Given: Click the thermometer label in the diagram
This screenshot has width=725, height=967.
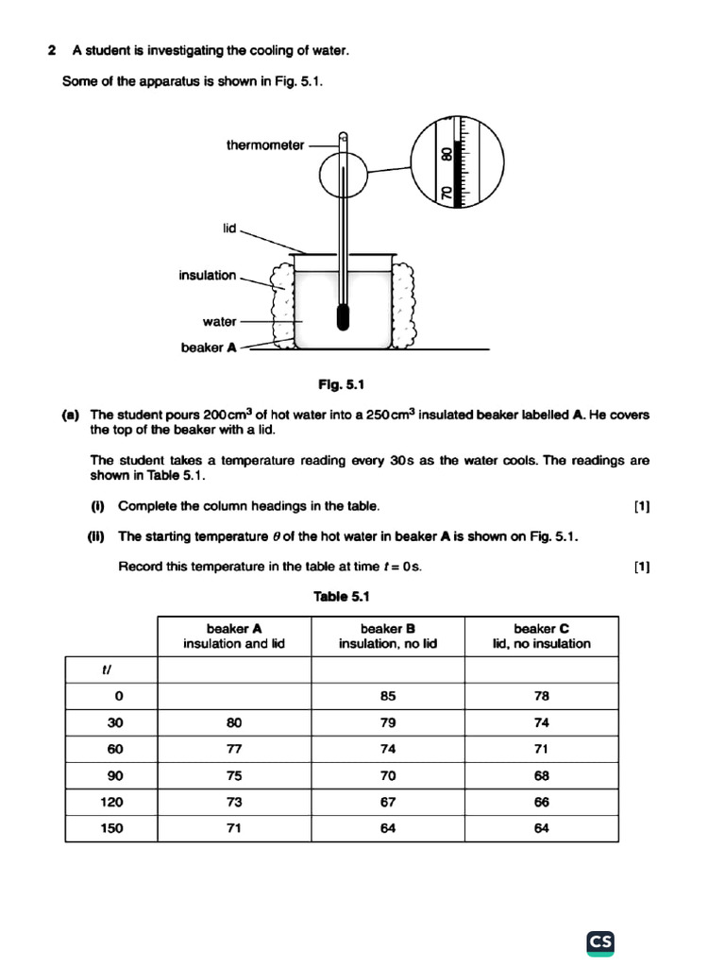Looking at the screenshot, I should tap(265, 145).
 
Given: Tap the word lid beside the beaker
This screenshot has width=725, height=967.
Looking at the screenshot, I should tap(229, 229).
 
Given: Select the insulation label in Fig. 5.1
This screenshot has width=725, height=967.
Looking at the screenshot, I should tap(208, 275).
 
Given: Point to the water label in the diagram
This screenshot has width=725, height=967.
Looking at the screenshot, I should tap(219, 321).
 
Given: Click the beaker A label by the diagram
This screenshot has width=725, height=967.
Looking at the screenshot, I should tap(209, 348).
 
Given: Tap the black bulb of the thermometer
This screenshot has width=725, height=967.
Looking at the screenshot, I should tap(341, 318).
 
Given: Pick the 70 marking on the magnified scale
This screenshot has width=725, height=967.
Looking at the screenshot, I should tap(447, 194).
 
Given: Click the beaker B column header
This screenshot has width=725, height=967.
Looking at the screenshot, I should tap(388, 636).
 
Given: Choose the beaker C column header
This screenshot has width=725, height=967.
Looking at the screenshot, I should tap(541, 636).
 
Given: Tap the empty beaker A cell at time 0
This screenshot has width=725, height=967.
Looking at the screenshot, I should tap(234, 696).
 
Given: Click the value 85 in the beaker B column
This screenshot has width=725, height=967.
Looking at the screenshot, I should tap(388, 696).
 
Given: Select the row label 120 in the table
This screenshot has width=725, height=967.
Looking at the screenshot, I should tap(111, 802).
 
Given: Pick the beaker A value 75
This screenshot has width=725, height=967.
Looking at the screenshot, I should tap(234, 775).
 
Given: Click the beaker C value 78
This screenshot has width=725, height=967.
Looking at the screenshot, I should tap(541, 696).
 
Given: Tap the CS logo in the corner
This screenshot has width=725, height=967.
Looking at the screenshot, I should tap(600, 942).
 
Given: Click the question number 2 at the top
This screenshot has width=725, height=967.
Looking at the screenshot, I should tap(52, 51).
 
